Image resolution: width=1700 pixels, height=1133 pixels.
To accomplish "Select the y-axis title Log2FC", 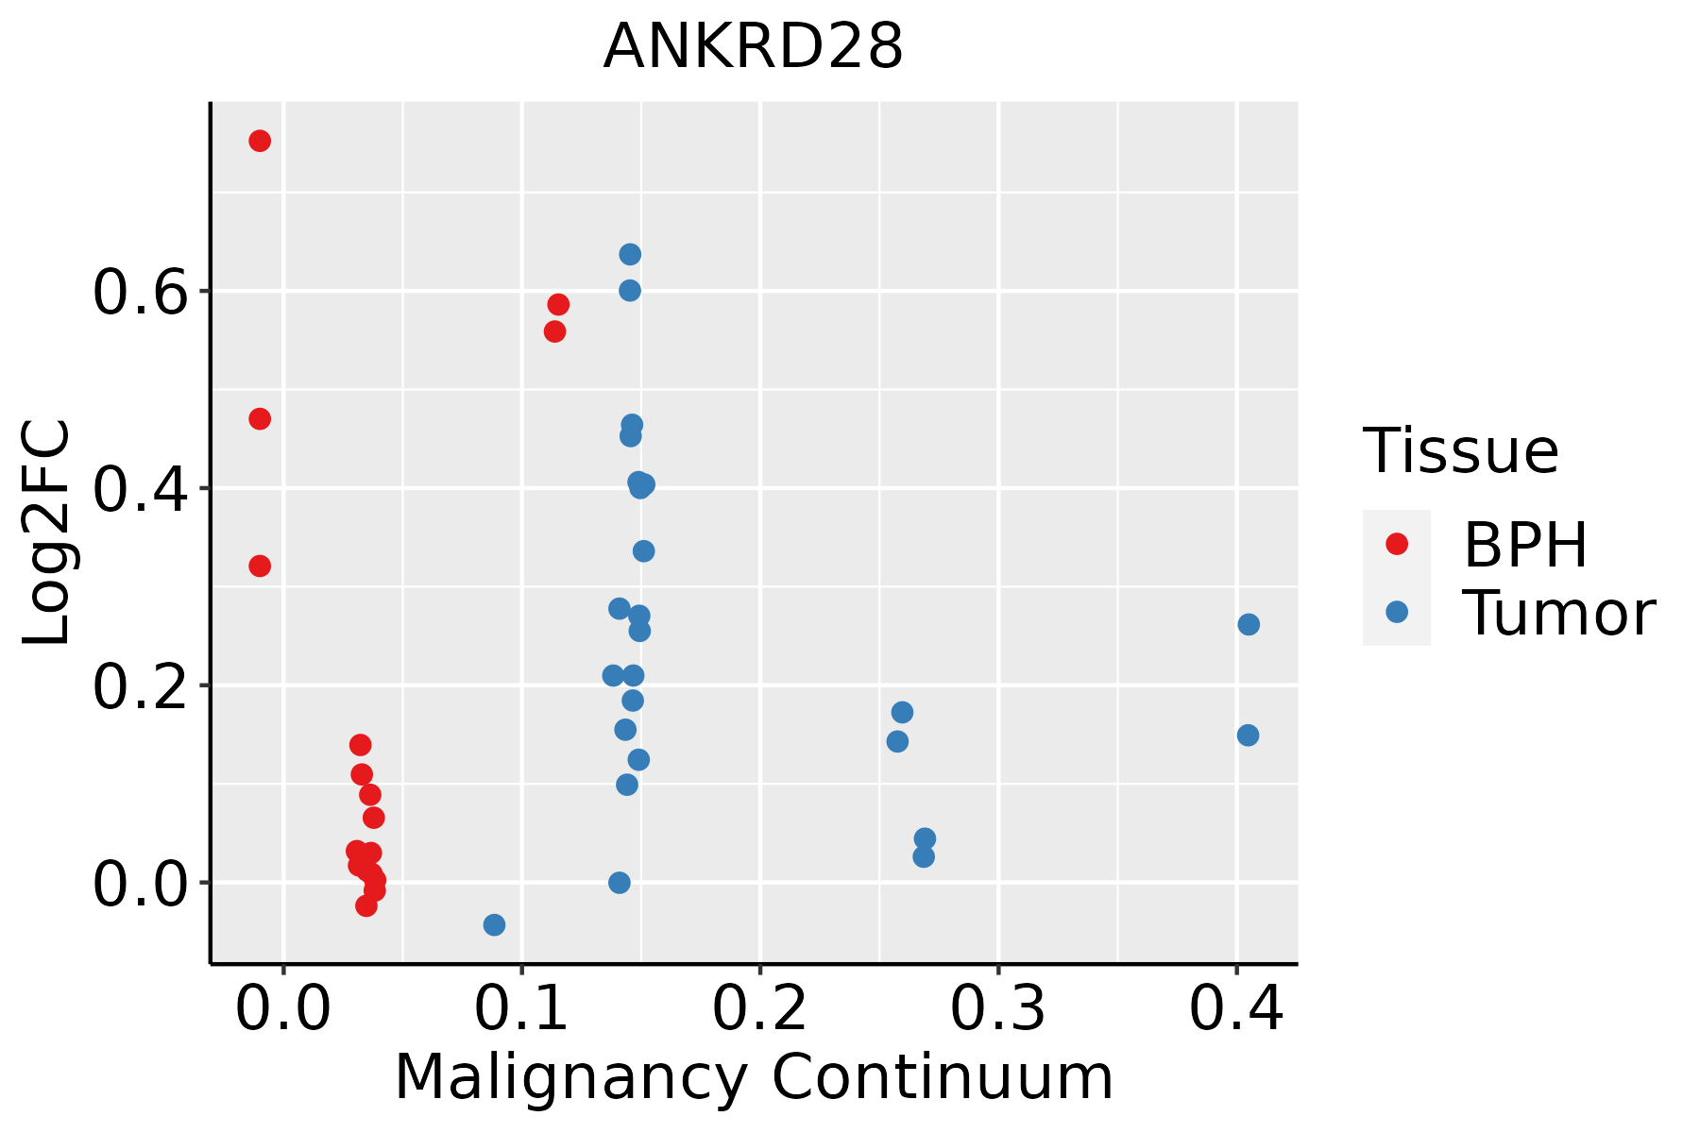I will pyautogui.click(x=47, y=533).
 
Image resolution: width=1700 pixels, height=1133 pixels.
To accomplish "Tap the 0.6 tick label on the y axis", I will pyautogui.click(x=139, y=293).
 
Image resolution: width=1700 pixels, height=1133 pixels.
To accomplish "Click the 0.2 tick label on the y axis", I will pyautogui.click(x=139, y=687).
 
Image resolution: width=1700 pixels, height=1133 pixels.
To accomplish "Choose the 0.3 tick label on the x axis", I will pyautogui.click(x=997, y=1008).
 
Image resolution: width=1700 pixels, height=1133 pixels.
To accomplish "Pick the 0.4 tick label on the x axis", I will pyautogui.click(x=1235, y=1008).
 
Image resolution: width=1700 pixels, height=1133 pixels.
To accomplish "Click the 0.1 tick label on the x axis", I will pyautogui.click(x=521, y=1008).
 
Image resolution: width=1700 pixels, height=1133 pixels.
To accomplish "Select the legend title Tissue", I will pyautogui.click(x=1461, y=451).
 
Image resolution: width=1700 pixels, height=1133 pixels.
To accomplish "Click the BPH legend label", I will pyautogui.click(x=1525, y=545).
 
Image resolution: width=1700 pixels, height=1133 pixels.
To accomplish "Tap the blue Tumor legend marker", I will pyautogui.click(x=1396, y=612).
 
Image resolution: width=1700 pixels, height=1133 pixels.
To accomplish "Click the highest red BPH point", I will pyautogui.click(x=260, y=141).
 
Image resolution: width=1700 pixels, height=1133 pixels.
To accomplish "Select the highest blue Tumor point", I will pyautogui.click(x=630, y=254).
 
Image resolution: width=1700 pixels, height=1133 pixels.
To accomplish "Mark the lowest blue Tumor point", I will pyautogui.click(x=494, y=924).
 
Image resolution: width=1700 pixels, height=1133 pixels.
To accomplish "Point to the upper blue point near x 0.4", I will pyautogui.click(x=1249, y=624).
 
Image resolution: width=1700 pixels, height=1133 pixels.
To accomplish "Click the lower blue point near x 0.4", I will pyautogui.click(x=1248, y=735).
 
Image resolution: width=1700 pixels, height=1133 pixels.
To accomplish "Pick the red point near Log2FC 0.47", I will pyautogui.click(x=260, y=418).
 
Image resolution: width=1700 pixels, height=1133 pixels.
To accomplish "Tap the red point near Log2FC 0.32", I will pyautogui.click(x=260, y=566).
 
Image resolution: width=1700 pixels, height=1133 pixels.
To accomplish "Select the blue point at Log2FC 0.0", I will pyautogui.click(x=620, y=883).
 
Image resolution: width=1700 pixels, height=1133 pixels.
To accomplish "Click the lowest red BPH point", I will pyautogui.click(x=366, y=905).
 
